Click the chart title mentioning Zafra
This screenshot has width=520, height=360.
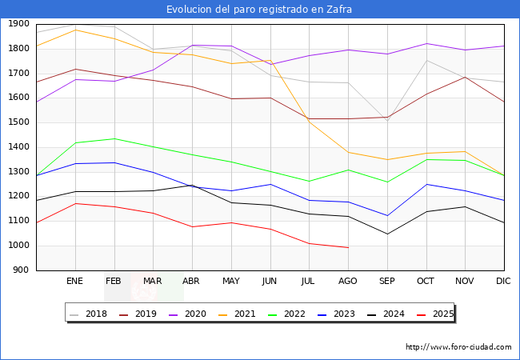(259, 10)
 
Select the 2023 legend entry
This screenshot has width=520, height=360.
(337, 314)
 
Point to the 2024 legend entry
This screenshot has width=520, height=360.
(386, 314)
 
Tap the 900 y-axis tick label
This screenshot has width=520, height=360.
(22, 270)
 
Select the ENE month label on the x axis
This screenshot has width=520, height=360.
(75, 281)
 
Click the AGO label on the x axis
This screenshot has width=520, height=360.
(348, 281)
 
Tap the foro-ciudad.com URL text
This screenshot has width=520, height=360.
(458, 347)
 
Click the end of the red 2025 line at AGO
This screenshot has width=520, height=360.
(348, 247)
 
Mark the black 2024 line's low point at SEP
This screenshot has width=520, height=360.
(387, 234)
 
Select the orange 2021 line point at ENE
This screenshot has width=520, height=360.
(75, 30)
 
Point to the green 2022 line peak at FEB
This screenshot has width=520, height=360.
(114, 138)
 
